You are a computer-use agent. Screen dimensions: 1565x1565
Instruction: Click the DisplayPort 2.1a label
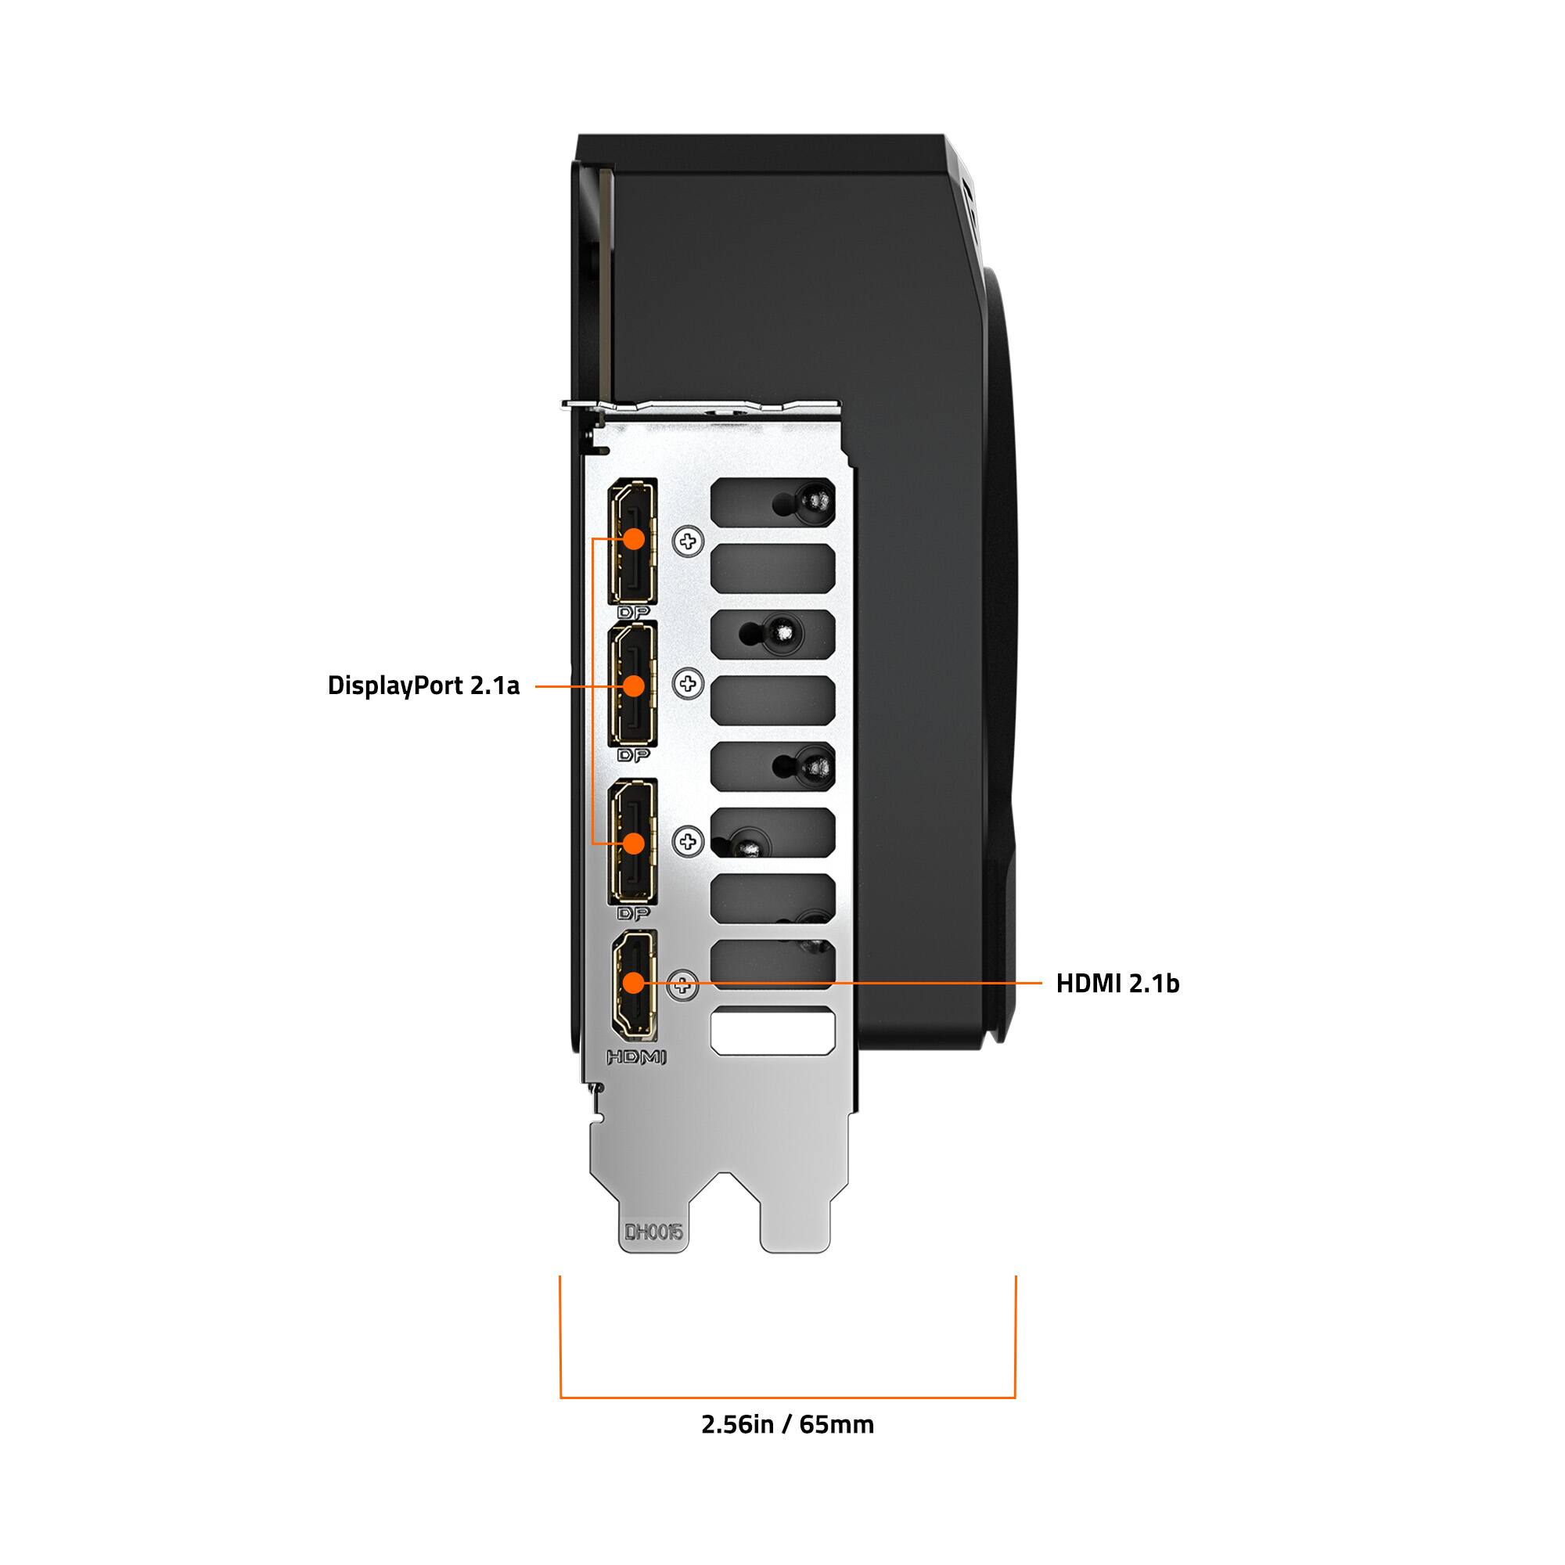pos(423,685)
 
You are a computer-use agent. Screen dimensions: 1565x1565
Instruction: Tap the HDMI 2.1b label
pos(1117,984)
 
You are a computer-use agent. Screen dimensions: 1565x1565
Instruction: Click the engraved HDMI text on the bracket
pos(636,1057)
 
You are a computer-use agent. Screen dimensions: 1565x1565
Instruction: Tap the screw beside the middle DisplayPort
pos(689,685)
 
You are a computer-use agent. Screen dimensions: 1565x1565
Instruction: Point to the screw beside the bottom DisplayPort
pos(689,842)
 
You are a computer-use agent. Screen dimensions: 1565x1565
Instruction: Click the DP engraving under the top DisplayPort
pos(634,613)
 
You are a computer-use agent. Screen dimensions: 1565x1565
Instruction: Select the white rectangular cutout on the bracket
pos(772,1031)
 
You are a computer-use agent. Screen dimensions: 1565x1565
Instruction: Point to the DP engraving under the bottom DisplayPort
pos(634,914)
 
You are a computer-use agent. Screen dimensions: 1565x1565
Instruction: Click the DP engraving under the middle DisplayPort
pos(634,755)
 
